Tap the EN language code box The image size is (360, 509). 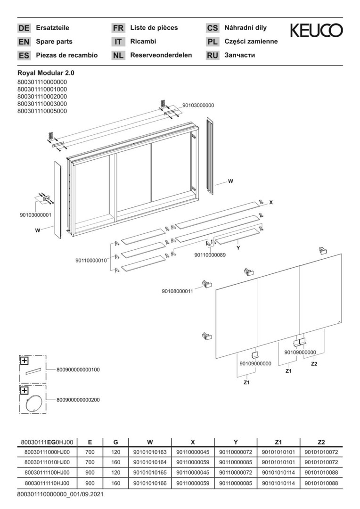pyautogui.click(x=24, y=42)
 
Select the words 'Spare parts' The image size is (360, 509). pyautogui.click(x=54, y=41)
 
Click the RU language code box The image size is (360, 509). pyautogui.click(x=213, y=56)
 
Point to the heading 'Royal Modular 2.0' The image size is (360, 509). pyautogui.click(x=46, y=74)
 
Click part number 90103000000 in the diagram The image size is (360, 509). pyautogui.click(x=198, y=106)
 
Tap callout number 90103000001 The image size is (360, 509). pyautogui.click(x=35, y=215)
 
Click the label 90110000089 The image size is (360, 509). pyautogui.click(x=210, y=255)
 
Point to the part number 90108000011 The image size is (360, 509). pyautogui.click(x=177, y=291)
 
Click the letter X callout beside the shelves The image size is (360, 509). pyautogui.click(x=271, y=202)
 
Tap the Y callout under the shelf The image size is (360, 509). pyautogui.click(x=238, y=248)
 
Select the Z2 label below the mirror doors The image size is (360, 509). pyautogui.click(x=314, y=364)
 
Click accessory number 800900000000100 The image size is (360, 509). pyautogui.click(x=78, y=369)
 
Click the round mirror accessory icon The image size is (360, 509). pyautogui.click(x=33, y=401)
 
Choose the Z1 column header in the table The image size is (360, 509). pyautogui.click(x=278, y=442)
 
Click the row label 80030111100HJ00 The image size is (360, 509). pyautogui.click(x=47, y=473)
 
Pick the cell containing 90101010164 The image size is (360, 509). pyautogui.click(x=150, y=462)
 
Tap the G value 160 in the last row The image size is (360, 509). pyautogui.click(x=115, y=483)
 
